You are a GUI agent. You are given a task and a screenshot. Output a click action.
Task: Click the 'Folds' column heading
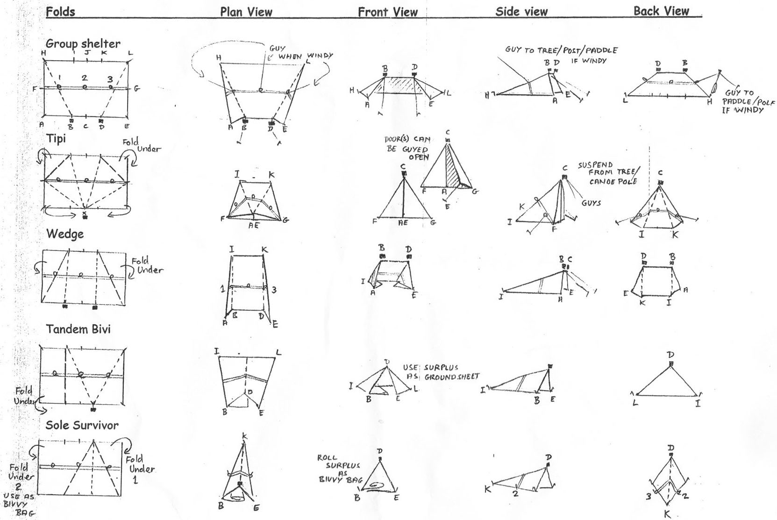[60, 11]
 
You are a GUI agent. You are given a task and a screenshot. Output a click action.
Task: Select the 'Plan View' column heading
[246, 12]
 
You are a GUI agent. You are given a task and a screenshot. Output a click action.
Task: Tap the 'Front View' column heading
[387, 12]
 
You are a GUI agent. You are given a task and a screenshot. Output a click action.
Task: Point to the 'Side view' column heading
[521, 12]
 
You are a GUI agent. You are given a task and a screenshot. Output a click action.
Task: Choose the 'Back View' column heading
[661, 11]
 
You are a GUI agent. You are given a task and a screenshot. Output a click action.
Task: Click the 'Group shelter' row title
[83, 43]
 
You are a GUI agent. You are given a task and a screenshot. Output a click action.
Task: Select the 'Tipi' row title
[56, 139]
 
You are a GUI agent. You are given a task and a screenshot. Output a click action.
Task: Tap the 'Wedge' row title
[65, 234]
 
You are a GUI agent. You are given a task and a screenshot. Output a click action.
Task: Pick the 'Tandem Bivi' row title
[78, 329]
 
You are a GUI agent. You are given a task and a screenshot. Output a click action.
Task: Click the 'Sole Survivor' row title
[82, 425]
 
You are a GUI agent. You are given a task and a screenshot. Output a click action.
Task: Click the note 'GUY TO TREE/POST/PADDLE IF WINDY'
[561, 54]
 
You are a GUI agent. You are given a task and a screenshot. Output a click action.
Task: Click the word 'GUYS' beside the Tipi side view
[591, 203]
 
